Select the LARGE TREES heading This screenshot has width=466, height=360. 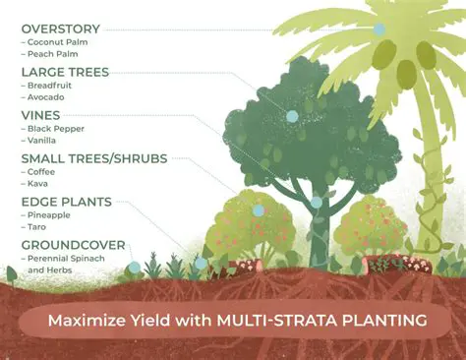click(x=65, y=72)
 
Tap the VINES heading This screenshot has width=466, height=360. click(x=40, y=114)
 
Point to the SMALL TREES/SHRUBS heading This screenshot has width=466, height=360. click(x=94, y=157)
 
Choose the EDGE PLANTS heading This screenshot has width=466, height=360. click(x=66, y=201)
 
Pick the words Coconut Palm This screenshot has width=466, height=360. click(x=60, y=43)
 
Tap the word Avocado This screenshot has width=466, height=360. click(x=47, y=99)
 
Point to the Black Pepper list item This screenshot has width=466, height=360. click(x=57, y=129)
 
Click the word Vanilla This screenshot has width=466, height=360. click(x=44, y=142)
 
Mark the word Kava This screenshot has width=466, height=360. click(x=38, y=185)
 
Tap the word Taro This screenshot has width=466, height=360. click(x=37, y=228)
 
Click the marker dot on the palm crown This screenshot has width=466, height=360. click(x=379, y=30)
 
